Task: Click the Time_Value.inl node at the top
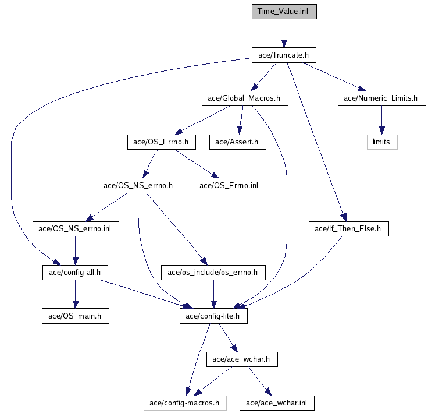coord(284,12)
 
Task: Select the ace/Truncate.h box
coord(284,55)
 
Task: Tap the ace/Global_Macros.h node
coord(244,98)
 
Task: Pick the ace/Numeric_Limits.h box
coord(381,98)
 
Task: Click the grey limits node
coord(381,142)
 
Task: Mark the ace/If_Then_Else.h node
coord(348,229)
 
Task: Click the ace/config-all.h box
coord(74,272)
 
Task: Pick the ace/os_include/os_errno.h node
coord(213,272)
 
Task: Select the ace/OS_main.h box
coord(76,316)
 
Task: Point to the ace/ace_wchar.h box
coord(241,359)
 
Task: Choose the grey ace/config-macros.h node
coord(184,403)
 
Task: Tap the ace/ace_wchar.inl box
coord(277,403)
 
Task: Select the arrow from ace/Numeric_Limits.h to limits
coord(381,120)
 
